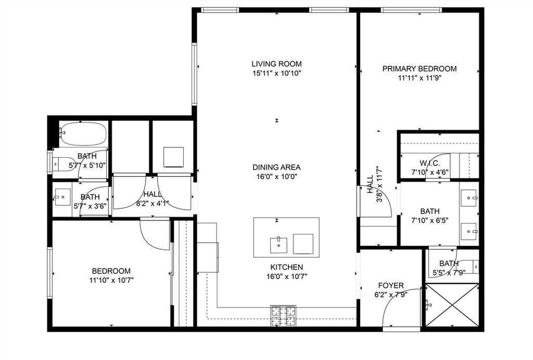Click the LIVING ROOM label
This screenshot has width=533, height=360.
pos(276,64)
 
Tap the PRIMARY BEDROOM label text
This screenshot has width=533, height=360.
pos(420,69)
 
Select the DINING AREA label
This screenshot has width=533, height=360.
pos(276,167)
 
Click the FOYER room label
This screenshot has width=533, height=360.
pos(391,285)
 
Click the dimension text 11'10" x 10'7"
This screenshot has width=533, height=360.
pos(111,280)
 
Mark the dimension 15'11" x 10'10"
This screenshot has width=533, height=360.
pos(276,73)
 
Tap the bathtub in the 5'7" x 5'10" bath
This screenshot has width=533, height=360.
pos(83,134)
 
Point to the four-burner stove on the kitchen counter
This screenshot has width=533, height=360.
pos(283,315)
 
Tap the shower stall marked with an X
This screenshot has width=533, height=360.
pos(452,304)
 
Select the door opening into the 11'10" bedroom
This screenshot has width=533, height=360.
pos(154,234)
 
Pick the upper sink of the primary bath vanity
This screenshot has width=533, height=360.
pos(469,198)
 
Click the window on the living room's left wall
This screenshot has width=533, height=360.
pos(194,75)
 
